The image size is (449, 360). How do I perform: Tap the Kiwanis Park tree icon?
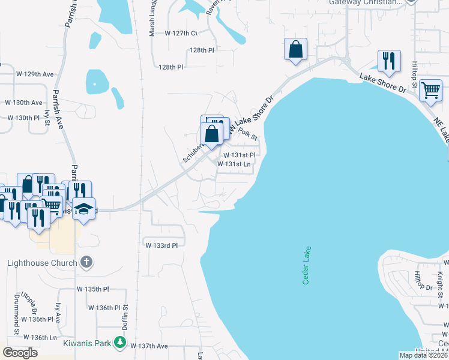click(121, 343)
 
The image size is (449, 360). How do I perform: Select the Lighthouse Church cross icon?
click(86, 262)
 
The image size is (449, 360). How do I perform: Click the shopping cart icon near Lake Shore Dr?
click(430, 90)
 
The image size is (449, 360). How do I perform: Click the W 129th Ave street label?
click(35, 74)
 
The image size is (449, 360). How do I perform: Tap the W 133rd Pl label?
click(161, 245)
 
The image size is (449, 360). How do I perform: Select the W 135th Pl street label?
click(92, 289)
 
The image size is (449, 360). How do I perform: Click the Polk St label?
click(247, 133)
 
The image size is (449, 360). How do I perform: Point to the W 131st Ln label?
click(234, 164)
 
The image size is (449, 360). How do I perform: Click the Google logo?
click(20, 353)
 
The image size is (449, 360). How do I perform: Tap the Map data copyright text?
click(424, 355)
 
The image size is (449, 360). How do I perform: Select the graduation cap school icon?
click(84, 209)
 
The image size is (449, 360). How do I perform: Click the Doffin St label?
click(126, 314)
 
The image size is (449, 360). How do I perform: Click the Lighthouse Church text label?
click(42, 263)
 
